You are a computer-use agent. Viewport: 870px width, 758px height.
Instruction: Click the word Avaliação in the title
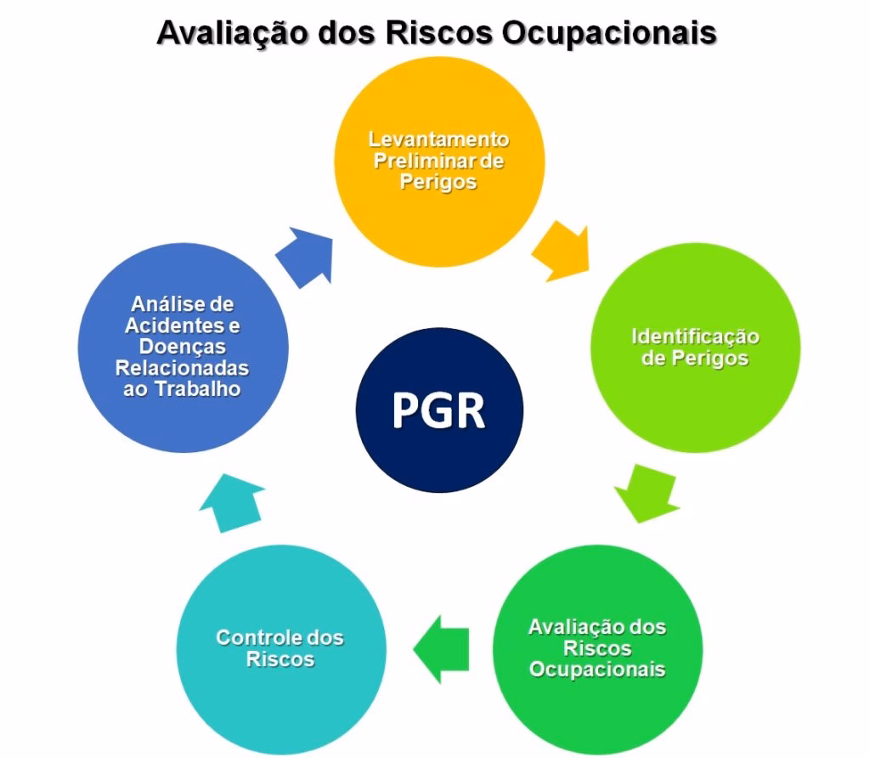click(233, 33)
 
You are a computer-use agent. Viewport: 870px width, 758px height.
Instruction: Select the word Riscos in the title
click(439, 32)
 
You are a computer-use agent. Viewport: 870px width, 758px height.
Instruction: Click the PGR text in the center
click(439, 410)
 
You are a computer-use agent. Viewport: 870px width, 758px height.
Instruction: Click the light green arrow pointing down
click(647, 494)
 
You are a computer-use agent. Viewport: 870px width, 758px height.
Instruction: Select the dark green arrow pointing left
click(441, 648)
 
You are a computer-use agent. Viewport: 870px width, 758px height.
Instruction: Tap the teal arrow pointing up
click(232, 503)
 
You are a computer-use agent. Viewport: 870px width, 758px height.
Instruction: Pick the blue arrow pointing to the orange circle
click(305, 257)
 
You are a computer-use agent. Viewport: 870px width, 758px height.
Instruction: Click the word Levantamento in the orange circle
click(439, 139)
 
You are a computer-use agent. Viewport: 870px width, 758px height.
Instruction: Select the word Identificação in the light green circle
click(695, 337)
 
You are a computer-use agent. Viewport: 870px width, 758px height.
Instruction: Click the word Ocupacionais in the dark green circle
click(597, 670)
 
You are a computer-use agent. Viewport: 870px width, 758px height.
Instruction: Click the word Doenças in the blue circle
click(183, 347)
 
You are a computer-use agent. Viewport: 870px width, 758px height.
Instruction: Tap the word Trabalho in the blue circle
click(197, 389)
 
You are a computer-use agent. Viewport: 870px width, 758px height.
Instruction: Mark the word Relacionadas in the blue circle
click(182, 368)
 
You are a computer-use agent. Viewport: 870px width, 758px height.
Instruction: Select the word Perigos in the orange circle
click(438, 182)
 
